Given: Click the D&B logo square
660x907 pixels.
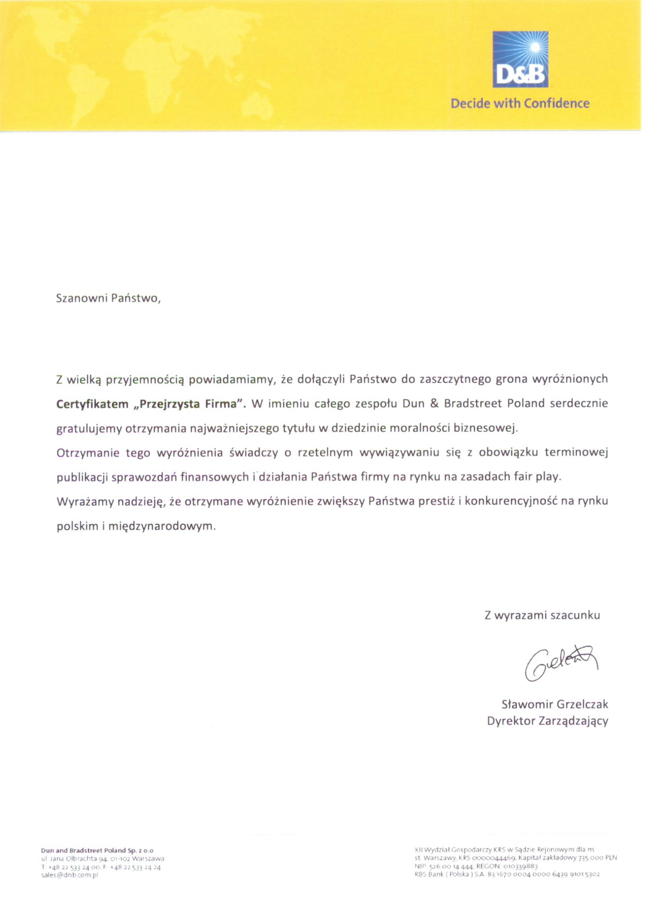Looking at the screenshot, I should [x=520, y=59].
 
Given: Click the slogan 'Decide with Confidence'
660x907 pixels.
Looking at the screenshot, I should [x=520, y=104].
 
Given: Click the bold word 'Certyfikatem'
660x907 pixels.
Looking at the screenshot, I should [x=92, y=404].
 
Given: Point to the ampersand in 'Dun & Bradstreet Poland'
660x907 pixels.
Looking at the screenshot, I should [x=434, y=404].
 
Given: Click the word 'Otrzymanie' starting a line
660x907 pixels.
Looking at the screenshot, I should [x=88, y=453].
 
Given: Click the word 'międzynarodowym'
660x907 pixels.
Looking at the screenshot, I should [x=163, y=526].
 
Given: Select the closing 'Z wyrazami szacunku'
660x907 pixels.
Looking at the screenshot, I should [x=542, y=615].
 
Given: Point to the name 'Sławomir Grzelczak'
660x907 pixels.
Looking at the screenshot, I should [x=555, y=704].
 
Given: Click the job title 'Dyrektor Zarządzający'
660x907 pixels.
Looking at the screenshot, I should [x=547, y=721].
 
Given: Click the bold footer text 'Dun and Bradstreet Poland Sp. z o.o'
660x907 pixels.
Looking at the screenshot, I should [x=97, y=851].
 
